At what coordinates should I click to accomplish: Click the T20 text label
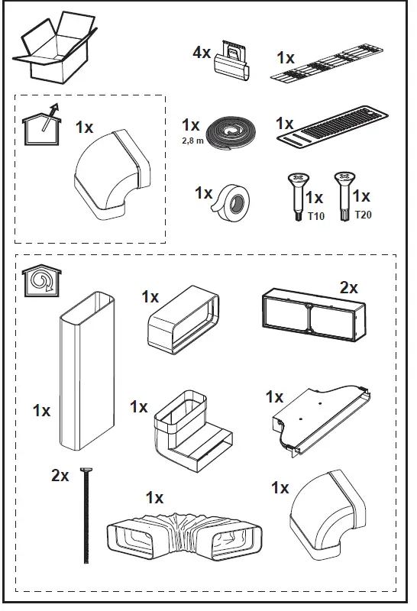[x=364, y=217]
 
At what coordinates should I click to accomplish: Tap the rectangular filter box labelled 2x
[x=313, y=312]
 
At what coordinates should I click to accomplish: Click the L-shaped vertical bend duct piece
[x=194, y=434]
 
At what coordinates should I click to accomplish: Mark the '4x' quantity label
[x=202, y=53]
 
